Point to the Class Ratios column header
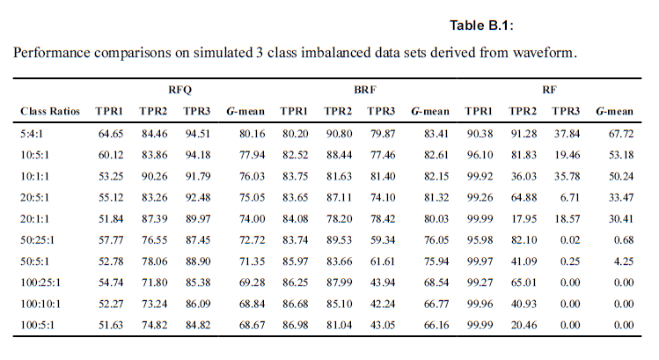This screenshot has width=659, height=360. click(x=50, y=112)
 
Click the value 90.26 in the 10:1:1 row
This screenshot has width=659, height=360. click(x=155, y=179)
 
